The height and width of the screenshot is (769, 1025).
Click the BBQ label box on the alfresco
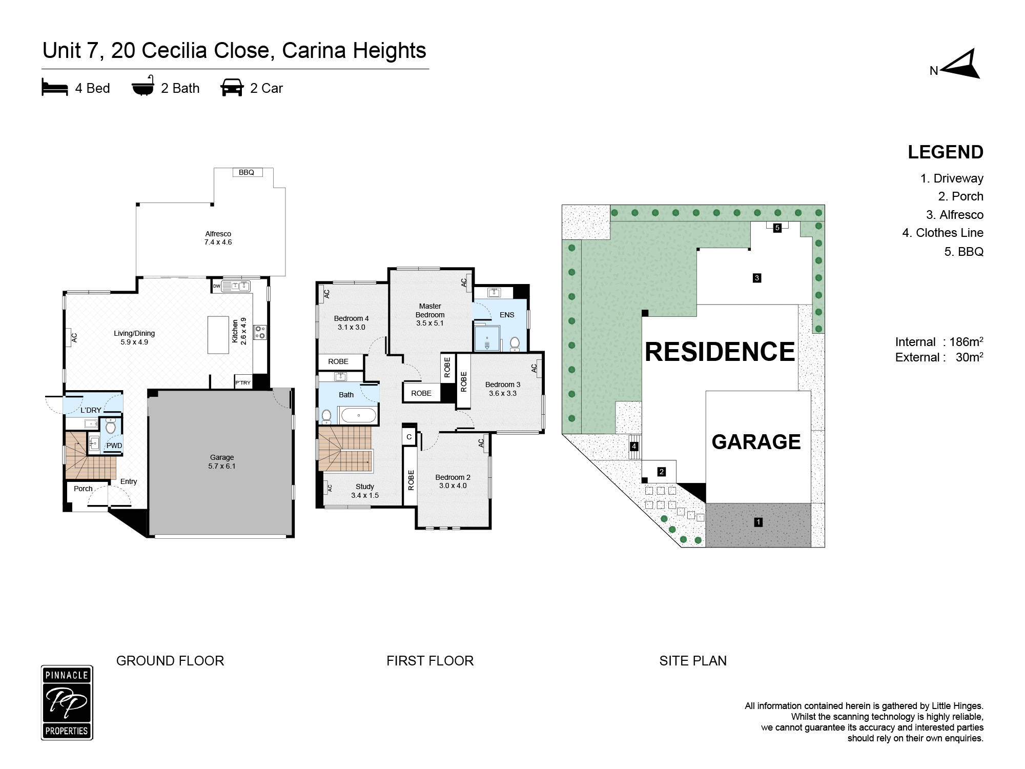247,172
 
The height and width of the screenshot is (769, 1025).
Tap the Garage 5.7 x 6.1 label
222,461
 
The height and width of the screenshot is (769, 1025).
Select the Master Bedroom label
430,310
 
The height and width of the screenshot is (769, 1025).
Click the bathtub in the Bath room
358,415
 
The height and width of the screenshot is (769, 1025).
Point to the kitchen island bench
218,334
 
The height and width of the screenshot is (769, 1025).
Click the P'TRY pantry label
243,382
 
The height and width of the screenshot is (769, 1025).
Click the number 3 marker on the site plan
756,278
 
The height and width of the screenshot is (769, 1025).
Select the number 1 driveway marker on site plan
758,522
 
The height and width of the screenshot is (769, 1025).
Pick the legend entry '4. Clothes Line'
942,233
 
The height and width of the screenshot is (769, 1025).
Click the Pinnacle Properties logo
67,702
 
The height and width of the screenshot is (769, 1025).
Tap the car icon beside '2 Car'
232,88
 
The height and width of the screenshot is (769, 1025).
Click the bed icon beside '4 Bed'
55,88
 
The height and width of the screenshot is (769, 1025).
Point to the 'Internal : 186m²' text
939,341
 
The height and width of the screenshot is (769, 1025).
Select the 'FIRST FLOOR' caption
430,660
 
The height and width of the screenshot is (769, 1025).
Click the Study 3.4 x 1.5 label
365,491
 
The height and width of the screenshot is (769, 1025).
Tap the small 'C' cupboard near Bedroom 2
409,437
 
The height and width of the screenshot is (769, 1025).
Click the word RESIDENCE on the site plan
720,352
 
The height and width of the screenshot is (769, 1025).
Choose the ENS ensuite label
507,315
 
